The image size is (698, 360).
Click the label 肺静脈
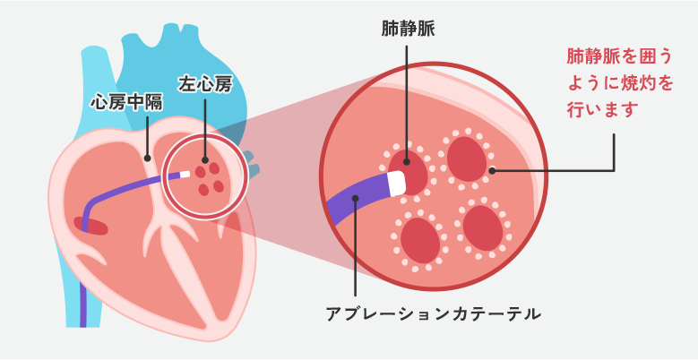point(407,29)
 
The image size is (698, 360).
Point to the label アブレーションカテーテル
point(433,314)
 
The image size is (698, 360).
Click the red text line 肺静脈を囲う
point(618,56)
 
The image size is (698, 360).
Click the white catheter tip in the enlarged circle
point(396,183)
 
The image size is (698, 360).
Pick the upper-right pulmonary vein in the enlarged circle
point(467,159)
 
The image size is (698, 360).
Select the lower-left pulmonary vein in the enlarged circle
point(419,240)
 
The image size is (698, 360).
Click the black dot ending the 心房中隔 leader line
point(147,157)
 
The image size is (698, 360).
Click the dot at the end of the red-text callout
point(492,169)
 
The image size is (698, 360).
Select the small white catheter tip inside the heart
point(185,175)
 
